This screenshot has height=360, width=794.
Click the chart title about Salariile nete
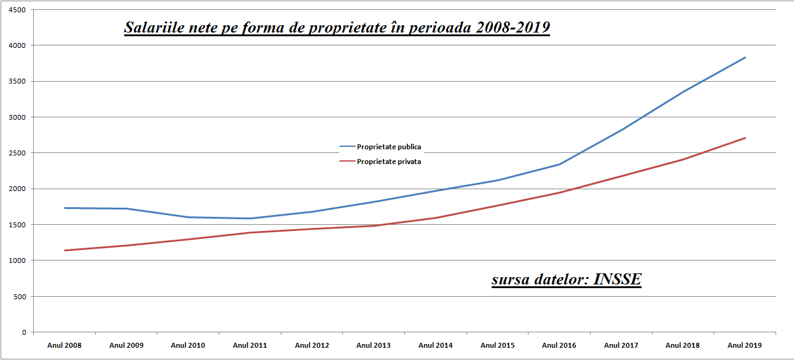[x=337, y=28]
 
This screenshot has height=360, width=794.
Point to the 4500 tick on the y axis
[x=18, y=10]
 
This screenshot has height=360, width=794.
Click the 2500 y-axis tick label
[x=18, y=153]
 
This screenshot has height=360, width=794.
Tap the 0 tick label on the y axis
[x=24, y=332]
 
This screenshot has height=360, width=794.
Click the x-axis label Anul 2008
[x=65, y=345]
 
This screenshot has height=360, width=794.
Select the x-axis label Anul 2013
[x=374, y=345]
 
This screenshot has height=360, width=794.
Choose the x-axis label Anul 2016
[x=559, y=345]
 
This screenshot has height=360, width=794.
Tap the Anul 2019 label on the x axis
[x=745, y=345]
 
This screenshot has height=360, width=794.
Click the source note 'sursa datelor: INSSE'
[x=566, y=280]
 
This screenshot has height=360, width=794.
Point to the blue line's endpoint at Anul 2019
[x=745, y=58]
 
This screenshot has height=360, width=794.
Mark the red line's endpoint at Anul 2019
[x=745, y=138]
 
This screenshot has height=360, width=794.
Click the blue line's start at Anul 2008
[x=65, y=208]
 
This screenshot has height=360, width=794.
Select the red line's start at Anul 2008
[x=65, y=250]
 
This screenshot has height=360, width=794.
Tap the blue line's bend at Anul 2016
[x=559, y=164]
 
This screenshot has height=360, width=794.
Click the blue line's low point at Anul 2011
[x=250, y=218]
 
